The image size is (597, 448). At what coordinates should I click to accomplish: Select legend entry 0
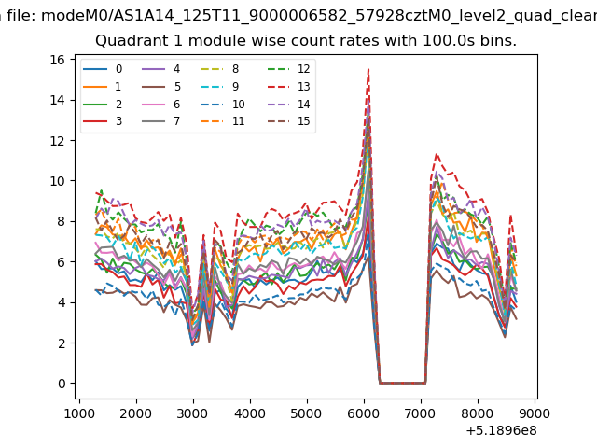tap(103, 69)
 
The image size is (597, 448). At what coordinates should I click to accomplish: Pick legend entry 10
tap(223, 104)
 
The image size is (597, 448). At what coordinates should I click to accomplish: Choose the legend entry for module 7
tap(160, 121)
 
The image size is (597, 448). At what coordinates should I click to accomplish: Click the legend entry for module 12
tap(288, 69)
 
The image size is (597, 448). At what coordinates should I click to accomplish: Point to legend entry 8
tap(220, 69)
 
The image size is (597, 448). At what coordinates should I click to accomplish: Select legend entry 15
tap(288, 121)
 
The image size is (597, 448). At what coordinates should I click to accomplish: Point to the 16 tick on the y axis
tap(57, 60)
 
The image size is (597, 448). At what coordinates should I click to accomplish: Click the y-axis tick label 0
tap(62, 384)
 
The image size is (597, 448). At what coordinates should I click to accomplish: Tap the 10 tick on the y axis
tap(57, 181)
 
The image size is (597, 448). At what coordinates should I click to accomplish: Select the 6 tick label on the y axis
tap(62, 262)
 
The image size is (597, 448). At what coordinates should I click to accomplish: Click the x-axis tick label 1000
tap(79, 413)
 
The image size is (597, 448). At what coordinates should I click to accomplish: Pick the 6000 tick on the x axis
tap(364, 413)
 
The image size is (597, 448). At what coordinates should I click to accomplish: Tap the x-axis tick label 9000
tap(535, 413)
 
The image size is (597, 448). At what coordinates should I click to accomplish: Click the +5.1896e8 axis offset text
tap(502, 430)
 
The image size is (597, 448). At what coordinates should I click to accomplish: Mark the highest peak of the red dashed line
tap(368, 69)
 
